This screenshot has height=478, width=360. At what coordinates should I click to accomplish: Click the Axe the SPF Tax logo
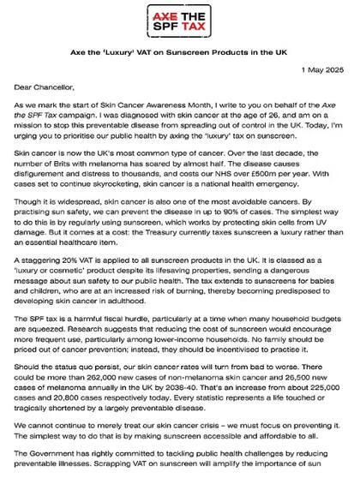click(180, 21)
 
